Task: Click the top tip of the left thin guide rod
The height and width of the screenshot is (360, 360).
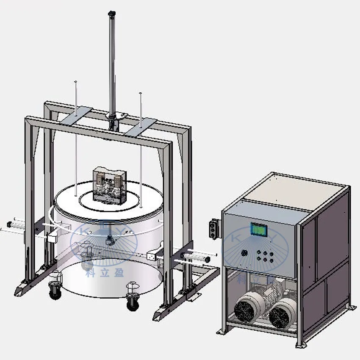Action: [75, 81]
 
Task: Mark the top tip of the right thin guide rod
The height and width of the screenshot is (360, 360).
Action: [140, 93]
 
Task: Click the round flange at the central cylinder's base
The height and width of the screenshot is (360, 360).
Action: [121, 114]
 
